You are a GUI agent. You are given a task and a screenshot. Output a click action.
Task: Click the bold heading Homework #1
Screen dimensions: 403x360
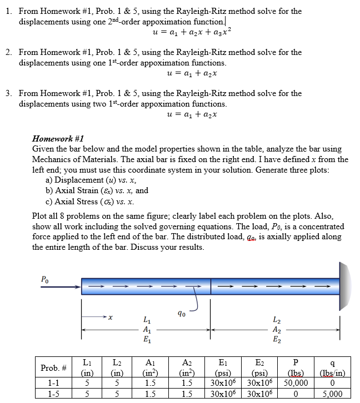58,139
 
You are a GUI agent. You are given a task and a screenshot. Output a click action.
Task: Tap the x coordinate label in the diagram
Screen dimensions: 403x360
111,318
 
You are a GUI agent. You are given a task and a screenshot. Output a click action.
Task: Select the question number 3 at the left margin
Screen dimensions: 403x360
8,93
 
